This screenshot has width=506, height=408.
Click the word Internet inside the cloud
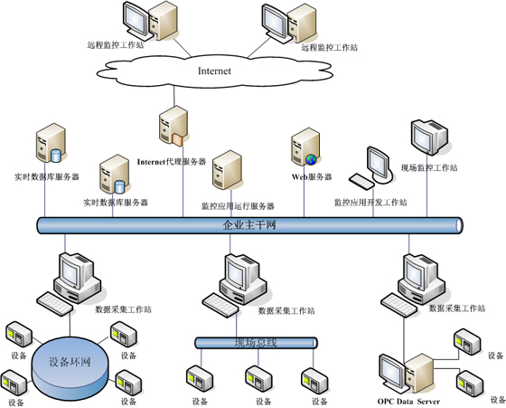click(214, 70)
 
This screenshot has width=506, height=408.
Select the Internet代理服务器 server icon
click(173, 127)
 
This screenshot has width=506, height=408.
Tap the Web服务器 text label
click(311, 177)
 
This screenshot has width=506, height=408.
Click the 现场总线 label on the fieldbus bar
click(258, 342)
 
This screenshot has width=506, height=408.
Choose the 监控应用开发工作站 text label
click(370, 203)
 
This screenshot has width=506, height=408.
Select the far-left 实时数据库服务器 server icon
click(49, 145)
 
